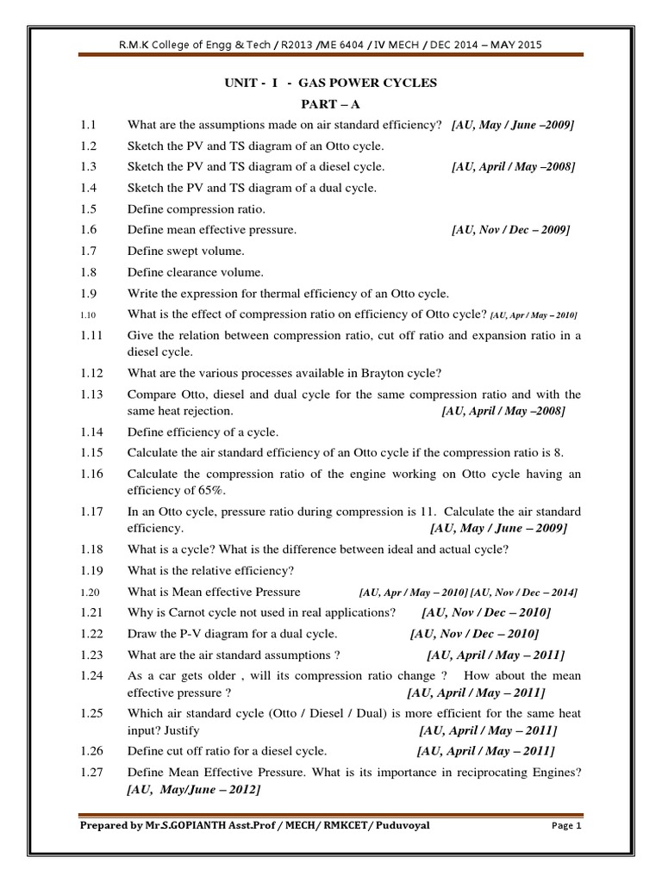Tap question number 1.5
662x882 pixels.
click(x=89, y=209)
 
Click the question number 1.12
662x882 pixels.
click(x=91, y=373)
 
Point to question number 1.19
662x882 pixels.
click(x=91, y=570)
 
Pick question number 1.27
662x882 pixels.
click(x=91, y=772)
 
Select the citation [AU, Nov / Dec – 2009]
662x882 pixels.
click(x=510, y=230)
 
